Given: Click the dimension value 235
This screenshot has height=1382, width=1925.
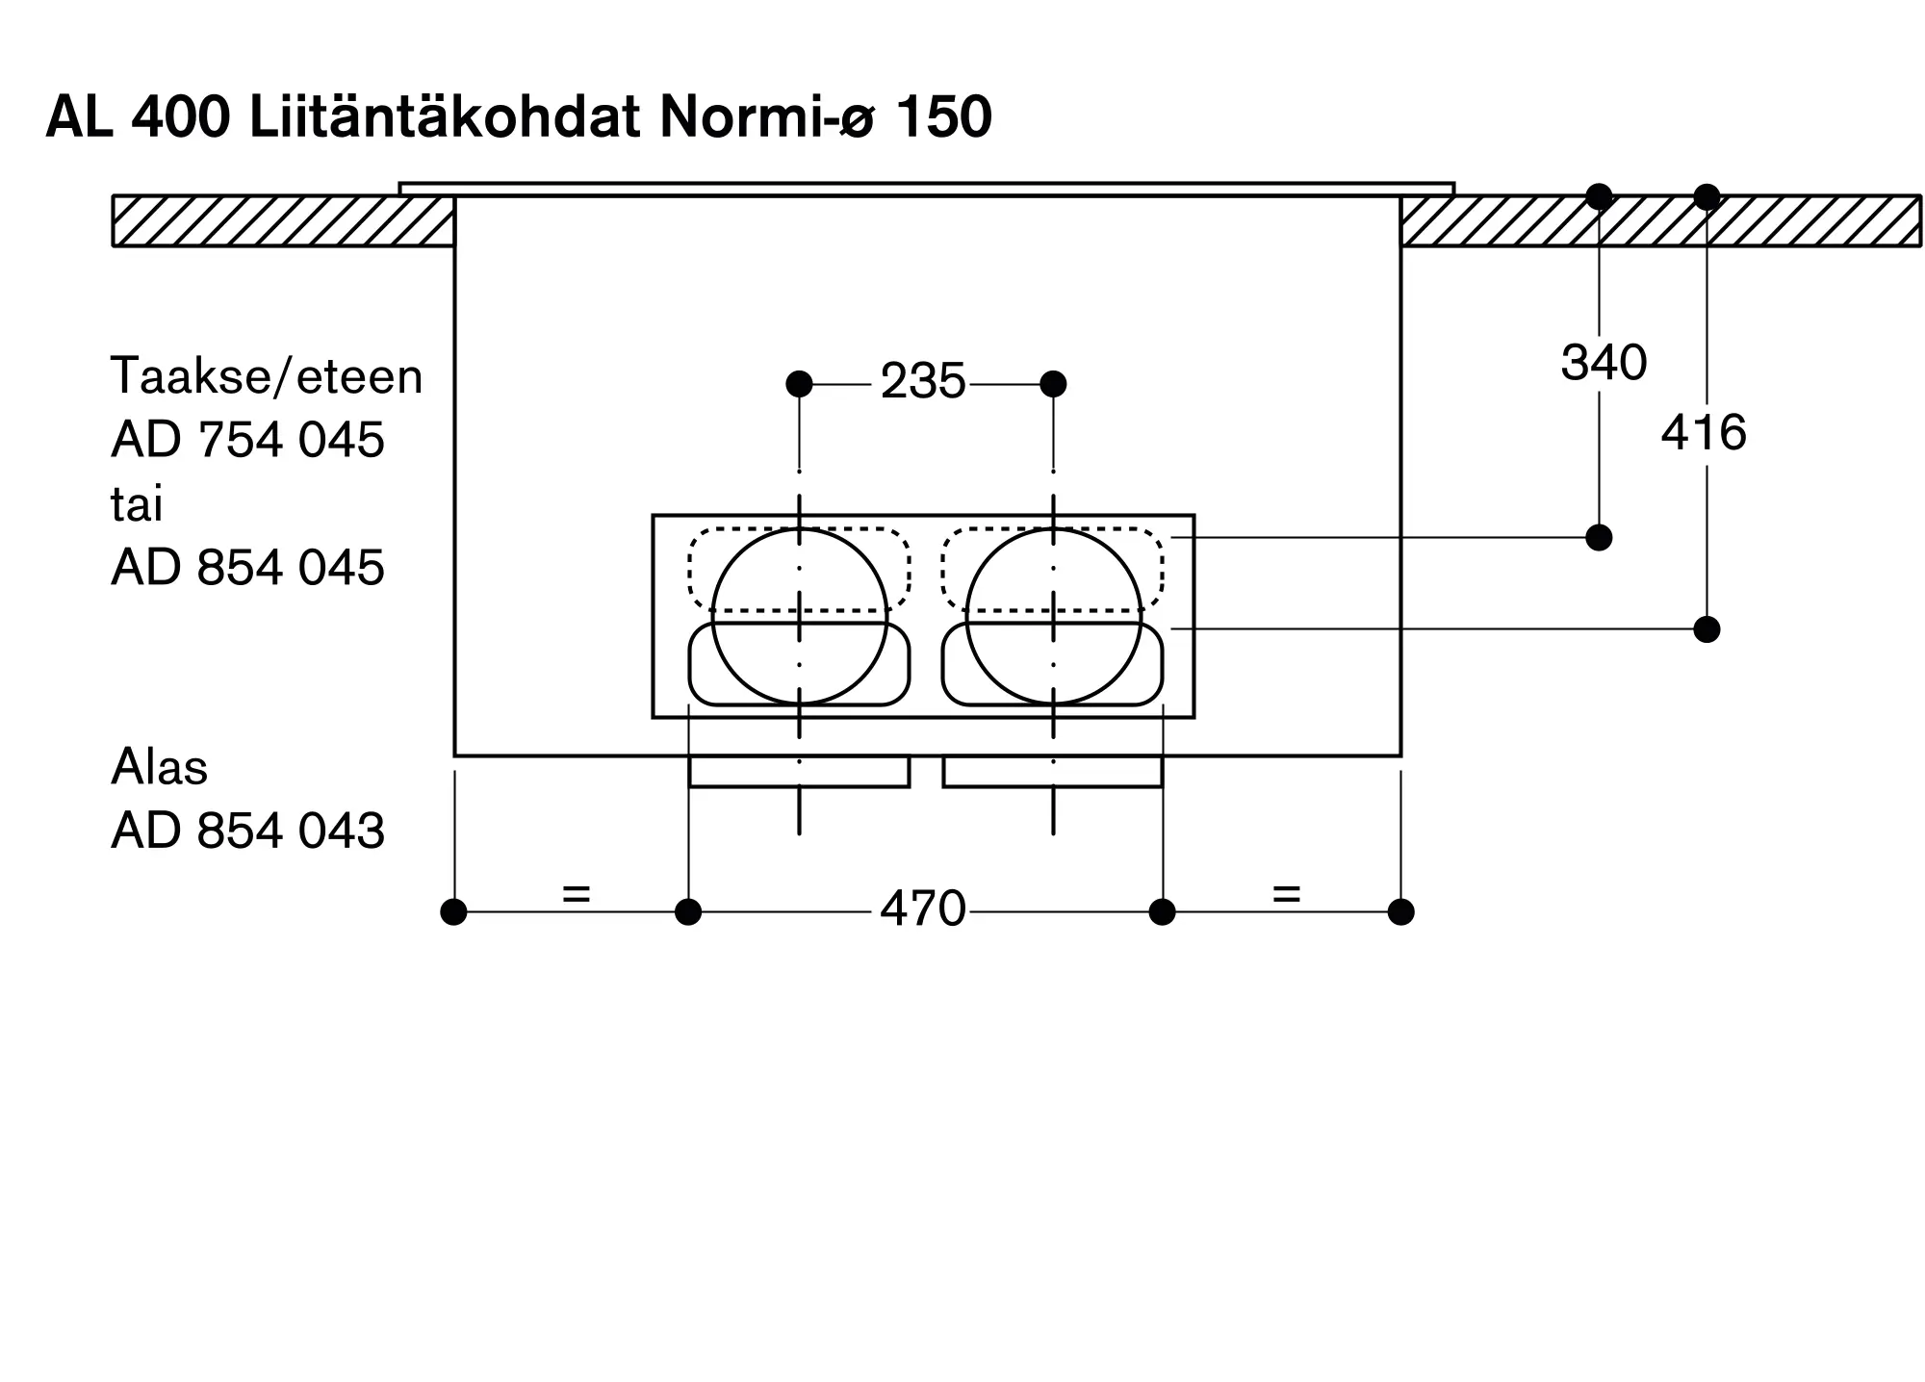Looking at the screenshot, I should [922, 382].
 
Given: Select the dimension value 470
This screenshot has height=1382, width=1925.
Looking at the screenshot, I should [922, 909].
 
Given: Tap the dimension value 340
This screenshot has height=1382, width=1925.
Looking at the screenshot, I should [1604, 363].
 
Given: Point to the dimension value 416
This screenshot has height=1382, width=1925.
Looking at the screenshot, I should [1704, 432].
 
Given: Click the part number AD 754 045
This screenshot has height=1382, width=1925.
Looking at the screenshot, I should [247, 440].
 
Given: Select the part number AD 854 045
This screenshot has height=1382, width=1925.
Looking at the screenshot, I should [247, 568].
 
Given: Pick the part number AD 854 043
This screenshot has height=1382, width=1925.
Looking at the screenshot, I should [247, 831].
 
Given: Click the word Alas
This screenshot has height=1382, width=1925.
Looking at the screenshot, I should [159, 767].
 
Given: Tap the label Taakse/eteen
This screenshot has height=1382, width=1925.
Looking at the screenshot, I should [267, 375].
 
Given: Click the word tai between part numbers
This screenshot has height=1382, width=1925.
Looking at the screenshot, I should [137, 504].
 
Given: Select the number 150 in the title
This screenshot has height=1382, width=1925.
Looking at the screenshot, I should [943, 118].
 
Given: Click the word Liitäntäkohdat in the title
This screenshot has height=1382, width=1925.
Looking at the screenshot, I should [445, 118].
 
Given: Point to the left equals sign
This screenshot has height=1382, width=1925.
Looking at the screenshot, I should [576, 894].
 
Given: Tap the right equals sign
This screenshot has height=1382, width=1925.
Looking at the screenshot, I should [1286, 894].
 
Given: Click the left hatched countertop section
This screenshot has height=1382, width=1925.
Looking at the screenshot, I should [283, 221].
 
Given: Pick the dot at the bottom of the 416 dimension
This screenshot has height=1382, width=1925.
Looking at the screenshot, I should [1707, 629].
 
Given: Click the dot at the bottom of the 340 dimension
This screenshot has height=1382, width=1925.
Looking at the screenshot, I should [1599, 537].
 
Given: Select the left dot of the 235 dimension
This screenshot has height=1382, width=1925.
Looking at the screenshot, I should [799, 384].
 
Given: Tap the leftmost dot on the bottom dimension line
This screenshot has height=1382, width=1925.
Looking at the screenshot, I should [453, 911].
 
